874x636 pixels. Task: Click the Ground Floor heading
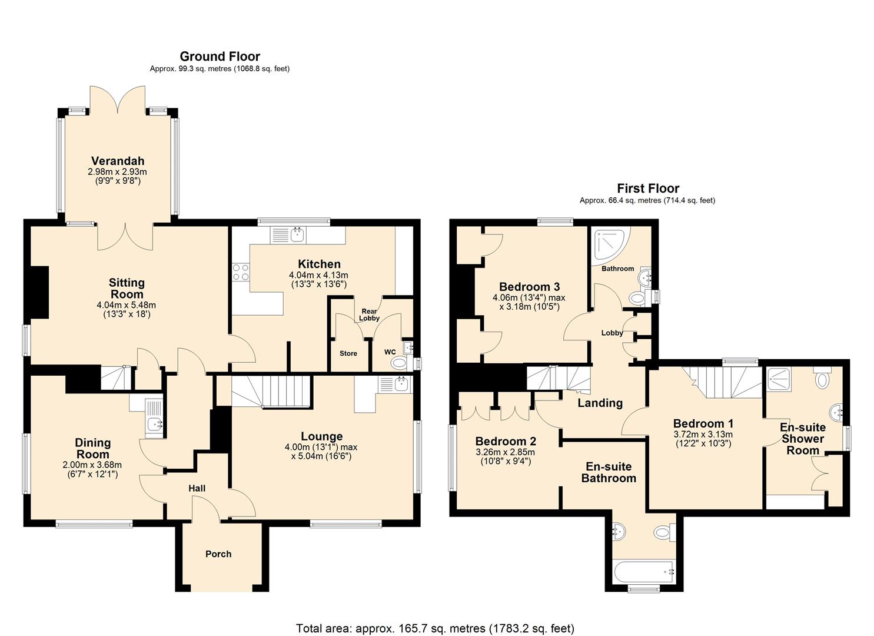click(x=220, y=57)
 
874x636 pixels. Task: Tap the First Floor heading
click(x=647, y=188)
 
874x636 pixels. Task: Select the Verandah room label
click(x=118, y=161)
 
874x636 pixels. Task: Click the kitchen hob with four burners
click(x=241, y=272)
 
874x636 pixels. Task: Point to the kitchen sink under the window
click(x=297, y=235)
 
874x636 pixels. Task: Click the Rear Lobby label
click(x=369, y=314)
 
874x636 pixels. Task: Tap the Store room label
click(x=348, y=353)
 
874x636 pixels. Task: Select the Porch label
click(x=218, y=554)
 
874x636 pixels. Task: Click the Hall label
click(x=197, y=488)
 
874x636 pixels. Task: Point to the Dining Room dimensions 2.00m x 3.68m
click(x=92, y=465)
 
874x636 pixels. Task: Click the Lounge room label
click(x=321, y=436)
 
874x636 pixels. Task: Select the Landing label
click(x=600, y=403)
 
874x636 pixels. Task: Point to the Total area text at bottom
click(x=435, y=628)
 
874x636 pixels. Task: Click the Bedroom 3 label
click(x=529, y=287)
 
